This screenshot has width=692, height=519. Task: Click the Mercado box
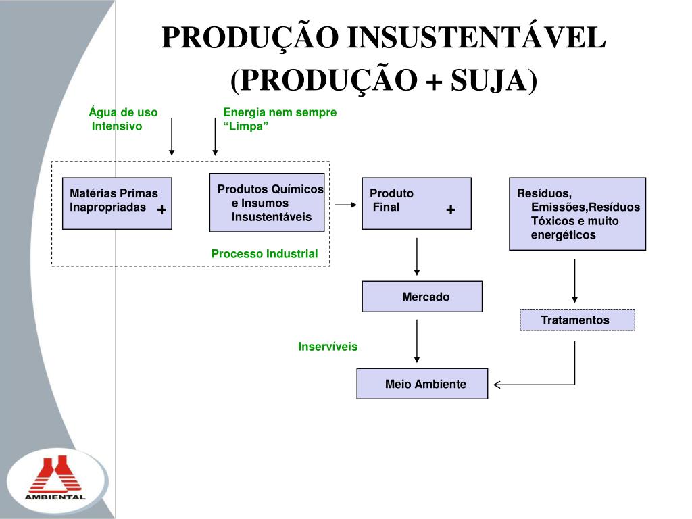click(x=422, y=297)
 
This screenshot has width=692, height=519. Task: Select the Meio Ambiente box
click(x=422, y=384)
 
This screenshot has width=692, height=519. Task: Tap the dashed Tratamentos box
click(x=577, y=320)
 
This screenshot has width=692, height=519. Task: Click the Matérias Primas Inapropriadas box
click(x=117, y=203)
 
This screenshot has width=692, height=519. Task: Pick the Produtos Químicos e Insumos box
click(x=268, y=203)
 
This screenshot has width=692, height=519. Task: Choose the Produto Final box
click(x=416, y=203)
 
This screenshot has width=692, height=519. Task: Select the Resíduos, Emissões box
click(x=577, y=214)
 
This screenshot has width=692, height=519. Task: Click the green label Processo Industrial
click(x=264, y=254)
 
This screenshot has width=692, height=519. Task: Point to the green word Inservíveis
click(x=328, y=347)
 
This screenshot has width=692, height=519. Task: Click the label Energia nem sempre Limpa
click(x=279, y=119)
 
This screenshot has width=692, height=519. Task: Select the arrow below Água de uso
click(x=172, y=137)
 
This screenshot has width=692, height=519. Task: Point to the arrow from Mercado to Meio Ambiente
click(x=417, y=341)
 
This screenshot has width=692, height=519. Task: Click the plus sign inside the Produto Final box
click(x=451, y=210)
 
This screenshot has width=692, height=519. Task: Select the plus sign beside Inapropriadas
click(x=162, y=210)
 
